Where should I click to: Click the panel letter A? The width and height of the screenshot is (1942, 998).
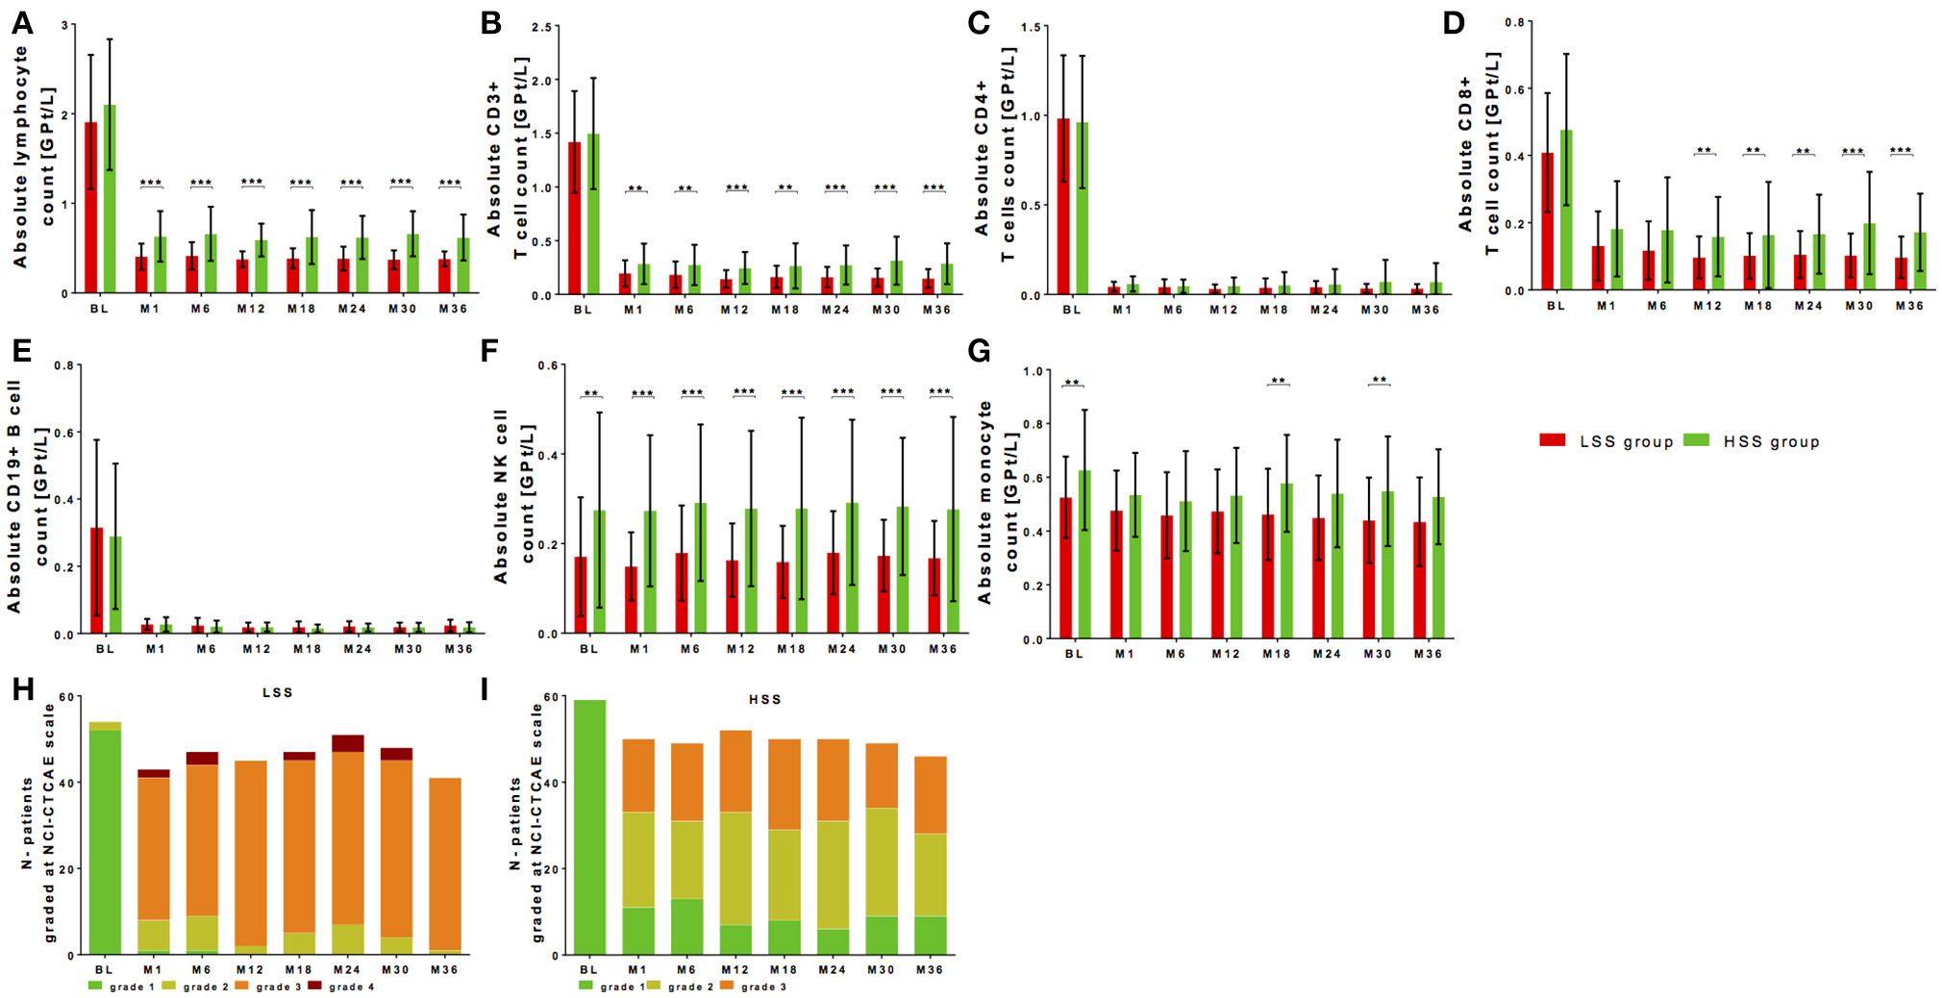pyautogui.click(x=21, y=24)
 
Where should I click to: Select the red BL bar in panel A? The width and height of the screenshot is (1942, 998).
pyautogui.click(x=90, y=207)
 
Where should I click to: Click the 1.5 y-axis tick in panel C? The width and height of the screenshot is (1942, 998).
pyautogui.click(x=1030, y=28)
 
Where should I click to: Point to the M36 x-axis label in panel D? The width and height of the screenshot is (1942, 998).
pyautogui.click(x=1908, y=306)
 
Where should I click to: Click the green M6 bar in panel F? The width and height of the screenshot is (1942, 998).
pyautogui.click(x=700, y=567)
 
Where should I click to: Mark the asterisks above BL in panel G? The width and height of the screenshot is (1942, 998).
pyautogui.click(x=1072, y=384)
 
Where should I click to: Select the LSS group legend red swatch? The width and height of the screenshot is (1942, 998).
pyautogui.click(x=1552, y=440)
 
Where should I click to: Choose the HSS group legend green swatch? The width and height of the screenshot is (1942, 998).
pyautogui.click(x=1697, y=440)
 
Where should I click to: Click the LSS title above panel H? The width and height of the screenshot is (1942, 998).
pyautogui.click(x=277, y=692)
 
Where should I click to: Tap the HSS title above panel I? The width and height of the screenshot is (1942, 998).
pyautogui.click(x=764, y=699)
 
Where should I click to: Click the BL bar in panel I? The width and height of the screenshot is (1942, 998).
pyautogui.click(x=589, y=827)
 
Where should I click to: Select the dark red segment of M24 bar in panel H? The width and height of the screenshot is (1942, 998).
pyautogui.click(x=348, y=743)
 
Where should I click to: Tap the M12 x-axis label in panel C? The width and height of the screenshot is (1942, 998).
pyautogui.click(x=1223, y=310)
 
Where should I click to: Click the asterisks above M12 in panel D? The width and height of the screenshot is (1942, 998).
pyautogui.click(x=1704, y=151)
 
